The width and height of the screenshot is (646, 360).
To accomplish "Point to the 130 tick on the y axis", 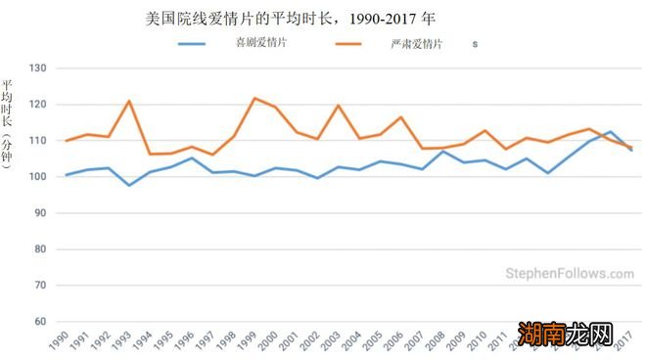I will pos(38,68).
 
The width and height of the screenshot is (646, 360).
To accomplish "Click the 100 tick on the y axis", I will pos(38,177).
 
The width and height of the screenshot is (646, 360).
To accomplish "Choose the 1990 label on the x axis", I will pos(60,341).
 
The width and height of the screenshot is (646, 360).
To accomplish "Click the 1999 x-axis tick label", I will pos(250,341).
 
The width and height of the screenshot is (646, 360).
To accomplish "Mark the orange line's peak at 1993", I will pos(129,101).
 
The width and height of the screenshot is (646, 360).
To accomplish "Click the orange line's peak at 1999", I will pos(254,98).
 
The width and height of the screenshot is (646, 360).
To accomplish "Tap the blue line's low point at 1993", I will pos(129,185).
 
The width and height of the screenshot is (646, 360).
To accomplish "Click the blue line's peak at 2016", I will pos(611,131).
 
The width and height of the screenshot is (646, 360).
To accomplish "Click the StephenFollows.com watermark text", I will pos(570,275).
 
